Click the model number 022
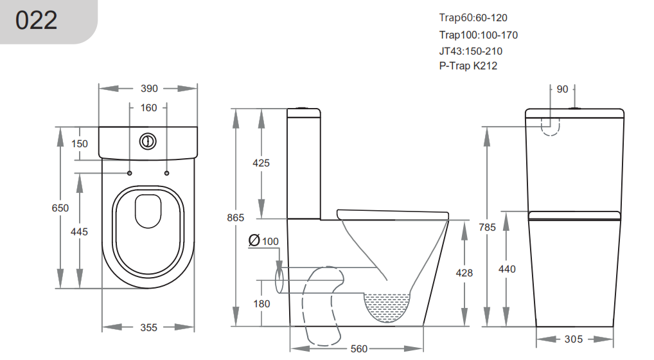[36, 20]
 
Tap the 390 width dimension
[149, 89]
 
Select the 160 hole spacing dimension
[148, 107]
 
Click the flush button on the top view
[148, 141]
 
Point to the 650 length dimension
[60, 208]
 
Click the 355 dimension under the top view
[148, 327]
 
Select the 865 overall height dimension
[235, 217]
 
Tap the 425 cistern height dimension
[261, 163]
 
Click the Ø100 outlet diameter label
[263, 240]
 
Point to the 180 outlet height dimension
[261, 303]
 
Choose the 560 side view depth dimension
[358, 348]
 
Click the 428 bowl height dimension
[464, 273]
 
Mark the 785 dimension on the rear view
[487, 228]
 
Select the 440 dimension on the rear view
[507, 269]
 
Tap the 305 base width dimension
[574, 339]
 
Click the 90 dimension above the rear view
[562, 89]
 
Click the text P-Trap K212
[468, 66]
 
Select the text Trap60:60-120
[473, 18]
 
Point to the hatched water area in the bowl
[387, 307]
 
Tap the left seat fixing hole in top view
[129, 173]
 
